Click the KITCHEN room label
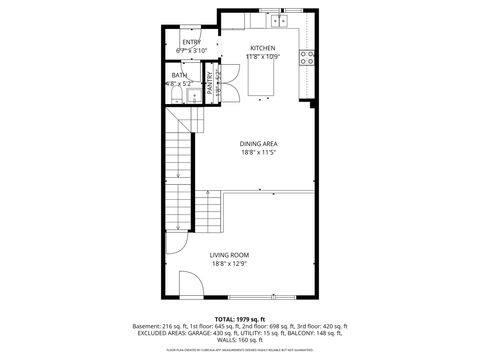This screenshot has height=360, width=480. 263,48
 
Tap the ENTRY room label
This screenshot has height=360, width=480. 191,42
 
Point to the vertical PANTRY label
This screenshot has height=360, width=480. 210,85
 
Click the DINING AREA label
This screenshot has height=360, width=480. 258,144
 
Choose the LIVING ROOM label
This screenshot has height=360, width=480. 229,255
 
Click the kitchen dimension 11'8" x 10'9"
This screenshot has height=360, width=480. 263,56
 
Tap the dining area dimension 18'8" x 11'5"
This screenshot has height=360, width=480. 258,153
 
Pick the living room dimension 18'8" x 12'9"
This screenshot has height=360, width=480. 229,264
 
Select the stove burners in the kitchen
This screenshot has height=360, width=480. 308,57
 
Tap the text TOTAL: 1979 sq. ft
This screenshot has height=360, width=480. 240,318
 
